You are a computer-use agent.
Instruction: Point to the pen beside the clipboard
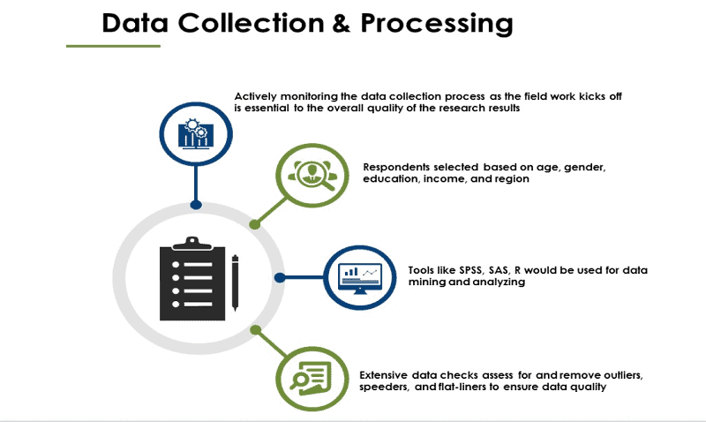(235, 283)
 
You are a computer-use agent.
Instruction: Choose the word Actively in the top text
(256, 96)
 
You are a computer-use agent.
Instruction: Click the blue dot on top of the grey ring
(196, 205)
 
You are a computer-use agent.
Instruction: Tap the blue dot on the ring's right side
(279, 277)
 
